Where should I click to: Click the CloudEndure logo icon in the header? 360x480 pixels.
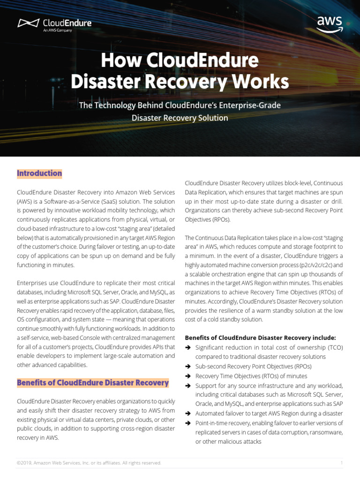click(28, 23)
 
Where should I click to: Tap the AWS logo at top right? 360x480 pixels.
click(330, 24)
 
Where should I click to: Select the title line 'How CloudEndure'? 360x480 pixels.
click(180, 60)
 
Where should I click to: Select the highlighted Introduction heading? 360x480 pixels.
click(39, 173)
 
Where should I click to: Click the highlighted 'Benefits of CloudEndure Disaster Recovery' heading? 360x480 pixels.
click(93, 382)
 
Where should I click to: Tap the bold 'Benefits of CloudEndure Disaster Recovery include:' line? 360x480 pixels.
click(260, 337)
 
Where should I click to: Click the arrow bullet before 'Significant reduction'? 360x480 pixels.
click(188, 347)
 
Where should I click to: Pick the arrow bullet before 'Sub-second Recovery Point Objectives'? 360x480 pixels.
click(188, 367)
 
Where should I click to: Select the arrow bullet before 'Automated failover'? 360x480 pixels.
click(188, 413)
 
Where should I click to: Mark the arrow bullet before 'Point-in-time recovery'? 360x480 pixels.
click(188, 423)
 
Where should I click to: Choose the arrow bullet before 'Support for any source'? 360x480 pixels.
click(188, 386)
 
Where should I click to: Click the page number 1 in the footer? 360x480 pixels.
click(341, 463)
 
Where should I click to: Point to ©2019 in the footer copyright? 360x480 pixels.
click(24, 463)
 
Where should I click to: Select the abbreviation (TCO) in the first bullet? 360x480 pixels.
click(332, 347)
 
